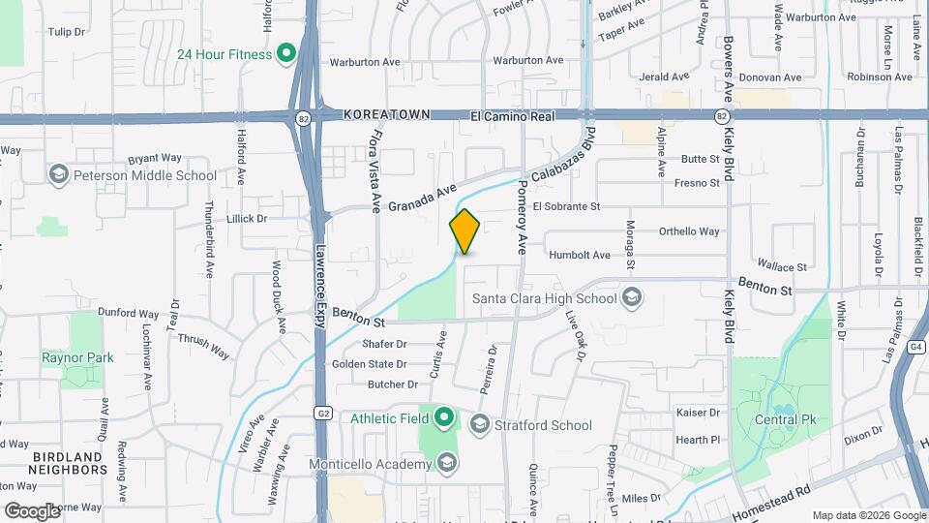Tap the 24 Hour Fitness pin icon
pyautogui.click(x=285, y=53)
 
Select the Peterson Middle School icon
pyautogui.click(x=58, y=174)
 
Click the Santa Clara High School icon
pyautogui.click(x=632, y=296)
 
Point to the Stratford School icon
pyautogui.click(x=479, y=424)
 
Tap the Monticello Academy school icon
pyautogui.click(x=446, y=463)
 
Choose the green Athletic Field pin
pyautogui.click(x=444, y=418)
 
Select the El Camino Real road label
pyautogui.click(x=512, y=115)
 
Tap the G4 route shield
pyautogui.click(x=916, y=346)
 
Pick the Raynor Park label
pyautogui.click(x=77, y=357)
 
